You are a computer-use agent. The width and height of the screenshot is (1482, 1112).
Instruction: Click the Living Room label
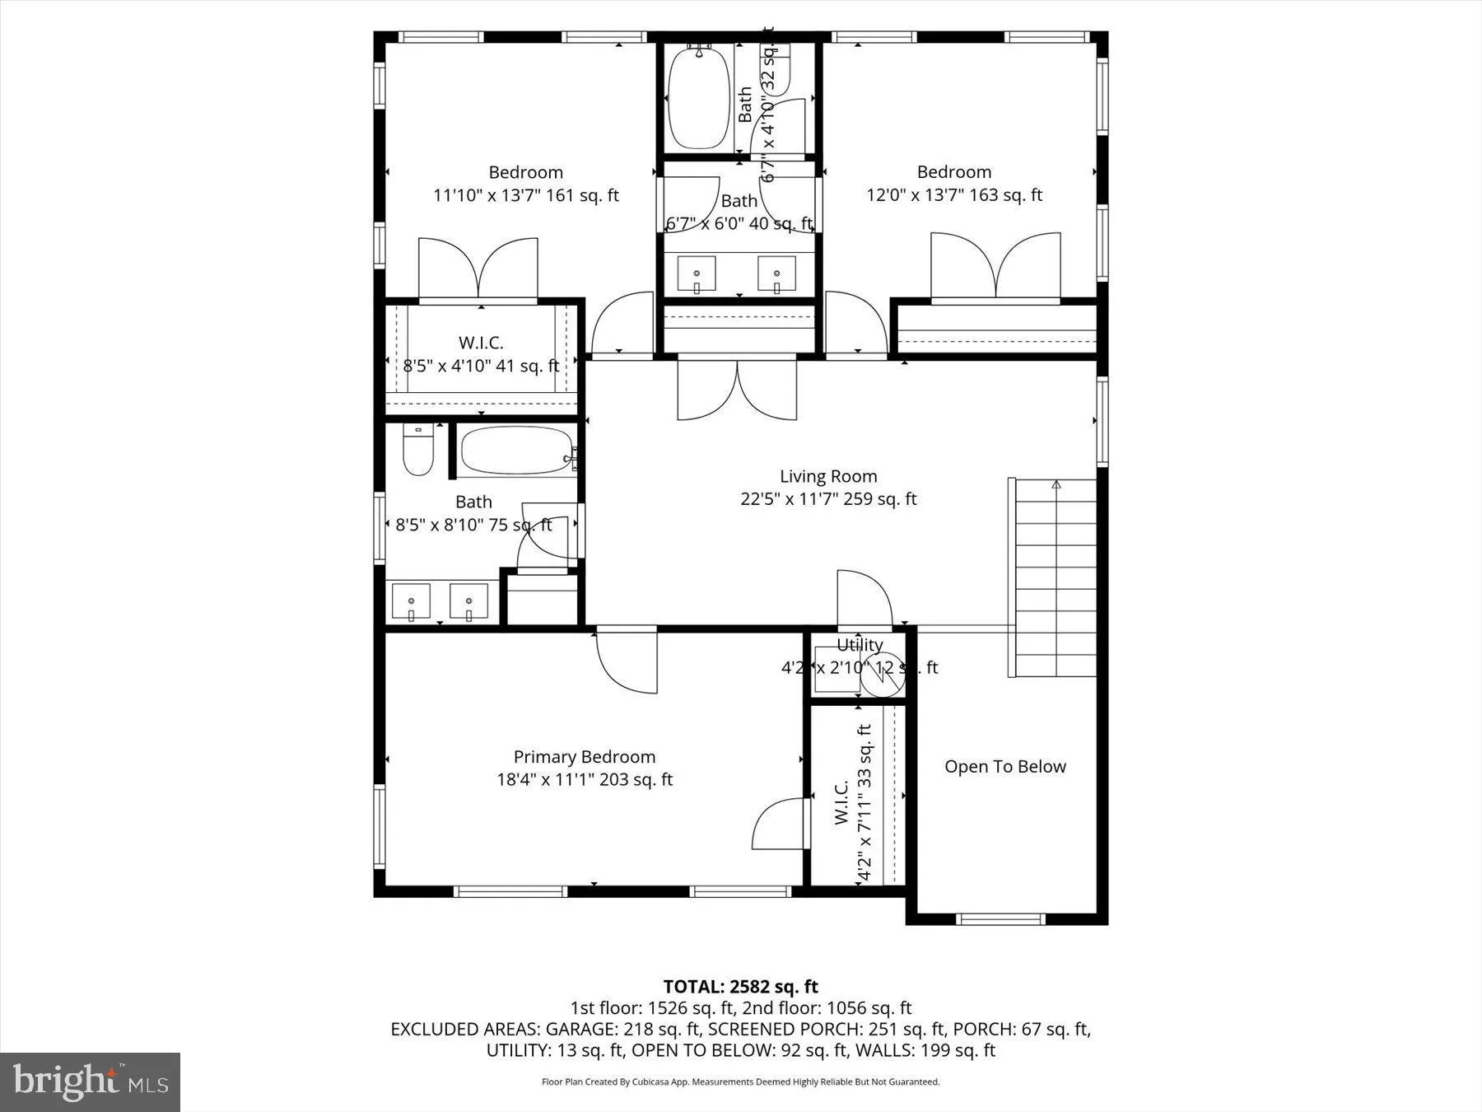point(828,476)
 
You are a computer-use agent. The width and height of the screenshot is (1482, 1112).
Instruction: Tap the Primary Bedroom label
point(585,757)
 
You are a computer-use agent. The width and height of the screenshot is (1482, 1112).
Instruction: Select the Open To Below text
point(1004,767)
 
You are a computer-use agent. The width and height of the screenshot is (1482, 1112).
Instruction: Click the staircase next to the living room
point(1056,577)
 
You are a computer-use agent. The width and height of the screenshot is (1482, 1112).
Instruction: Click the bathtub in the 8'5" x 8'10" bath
point(516,451)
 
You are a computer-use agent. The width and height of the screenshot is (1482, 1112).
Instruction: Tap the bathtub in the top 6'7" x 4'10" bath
point(698,99)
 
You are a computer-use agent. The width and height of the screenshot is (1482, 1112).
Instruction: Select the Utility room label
point(860,645)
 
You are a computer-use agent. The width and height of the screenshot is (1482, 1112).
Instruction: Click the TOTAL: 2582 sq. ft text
point(740,986)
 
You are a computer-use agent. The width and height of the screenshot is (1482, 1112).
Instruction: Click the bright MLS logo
point(90,1082)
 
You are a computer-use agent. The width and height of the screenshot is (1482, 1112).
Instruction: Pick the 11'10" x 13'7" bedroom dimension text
point(525,195)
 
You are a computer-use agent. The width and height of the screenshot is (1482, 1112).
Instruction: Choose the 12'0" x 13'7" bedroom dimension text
point(953,195)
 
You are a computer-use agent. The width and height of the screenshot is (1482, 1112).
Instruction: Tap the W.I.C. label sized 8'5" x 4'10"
point(481,343)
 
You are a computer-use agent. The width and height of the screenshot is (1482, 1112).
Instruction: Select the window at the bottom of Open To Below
point(1001,919)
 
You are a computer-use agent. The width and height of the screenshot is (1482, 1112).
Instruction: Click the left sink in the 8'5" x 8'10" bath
point(411,602)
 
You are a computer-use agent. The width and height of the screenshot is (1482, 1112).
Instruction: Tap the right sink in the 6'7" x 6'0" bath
point(776,275)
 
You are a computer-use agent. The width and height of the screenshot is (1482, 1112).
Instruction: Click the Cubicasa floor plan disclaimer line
point(740,1082)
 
